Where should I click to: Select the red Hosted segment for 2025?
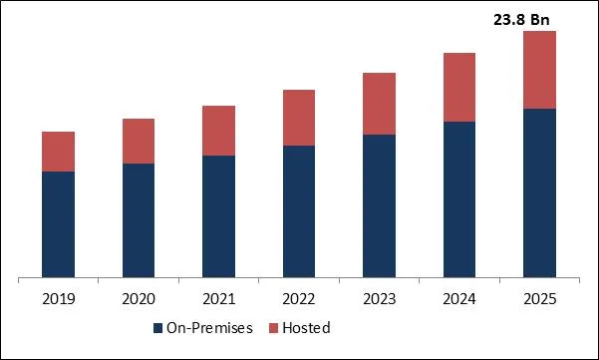point(539,70)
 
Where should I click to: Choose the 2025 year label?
point(539,298)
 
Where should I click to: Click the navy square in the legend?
point(157,328)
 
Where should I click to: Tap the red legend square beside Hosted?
point(274,328)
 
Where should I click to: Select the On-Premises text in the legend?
point(209,328)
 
